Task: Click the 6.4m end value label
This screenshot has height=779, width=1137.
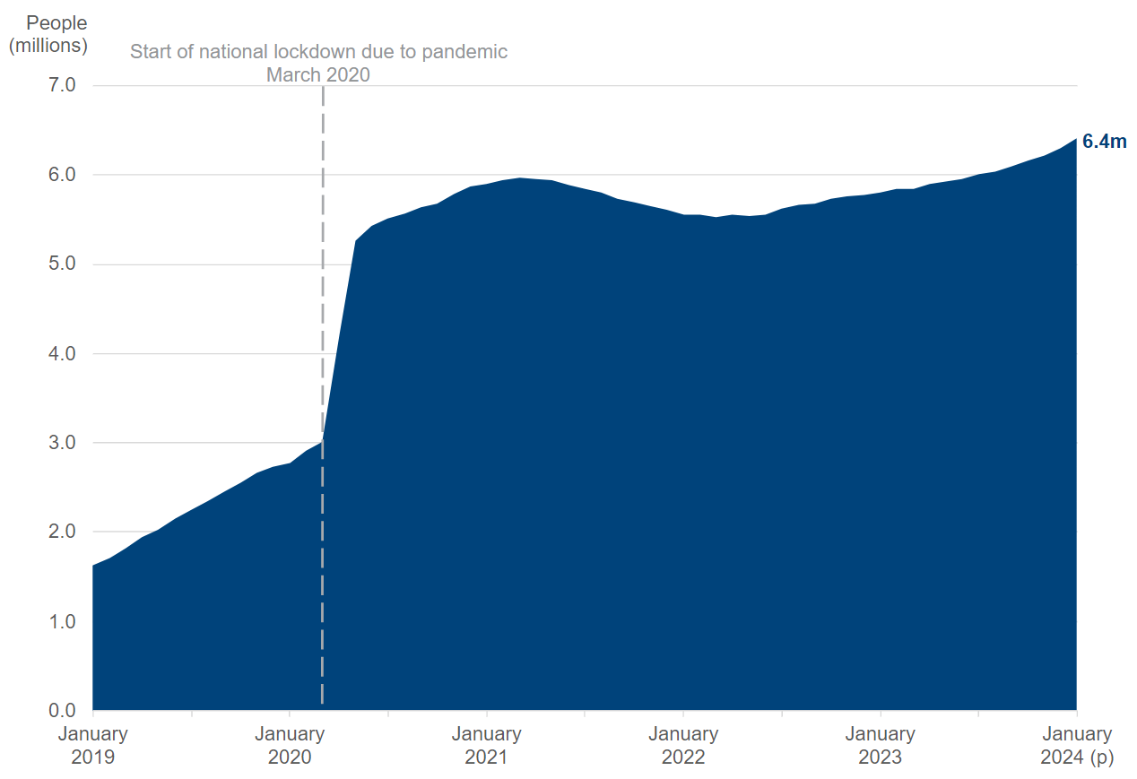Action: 1104,141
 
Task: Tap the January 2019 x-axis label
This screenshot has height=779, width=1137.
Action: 93,745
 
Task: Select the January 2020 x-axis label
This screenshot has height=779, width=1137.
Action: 290,745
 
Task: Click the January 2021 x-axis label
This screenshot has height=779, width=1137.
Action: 486,745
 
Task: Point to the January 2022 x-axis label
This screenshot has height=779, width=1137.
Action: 683,745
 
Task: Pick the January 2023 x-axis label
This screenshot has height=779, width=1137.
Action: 880,745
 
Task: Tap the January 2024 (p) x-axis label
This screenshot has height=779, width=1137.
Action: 1076,745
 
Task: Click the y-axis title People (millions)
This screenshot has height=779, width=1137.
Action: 48,34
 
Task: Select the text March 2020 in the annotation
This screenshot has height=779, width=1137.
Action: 318,74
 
